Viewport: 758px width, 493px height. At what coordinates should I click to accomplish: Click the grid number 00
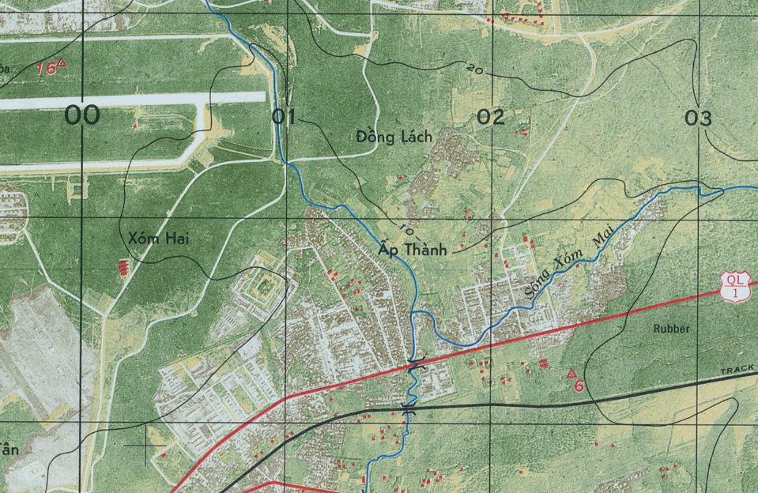[82, 117]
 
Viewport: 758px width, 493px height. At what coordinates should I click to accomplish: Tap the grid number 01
[283, 118]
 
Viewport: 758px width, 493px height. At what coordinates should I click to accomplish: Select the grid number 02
[491, 119]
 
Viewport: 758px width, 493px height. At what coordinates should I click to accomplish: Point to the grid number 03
[698, 119]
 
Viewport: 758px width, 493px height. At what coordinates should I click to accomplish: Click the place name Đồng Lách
[394, 137]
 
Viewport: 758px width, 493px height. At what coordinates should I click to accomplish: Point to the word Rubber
[672, 328]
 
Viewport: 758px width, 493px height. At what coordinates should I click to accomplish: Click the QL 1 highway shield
[736, 286]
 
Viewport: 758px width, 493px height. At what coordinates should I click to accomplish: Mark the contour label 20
[474, 70]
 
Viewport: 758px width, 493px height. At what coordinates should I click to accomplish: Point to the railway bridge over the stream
[409, 408]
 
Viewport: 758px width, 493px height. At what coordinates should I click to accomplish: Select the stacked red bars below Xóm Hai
[123, 266]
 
